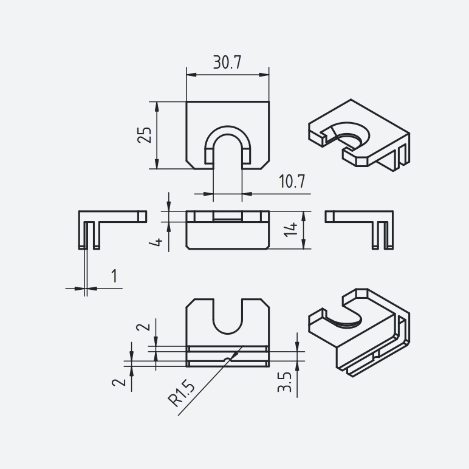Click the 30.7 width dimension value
coord(227,63)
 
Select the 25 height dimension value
coord(145,135)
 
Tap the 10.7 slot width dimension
coord(292,181)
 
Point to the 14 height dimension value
coord(291,230)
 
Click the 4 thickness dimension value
coord(156,241)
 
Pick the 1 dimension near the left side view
coord(114,276)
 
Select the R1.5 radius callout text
coord(181,395)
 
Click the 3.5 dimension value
coord(284,382)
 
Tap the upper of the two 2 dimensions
coord(143,326)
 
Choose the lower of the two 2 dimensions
coord(118,382)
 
